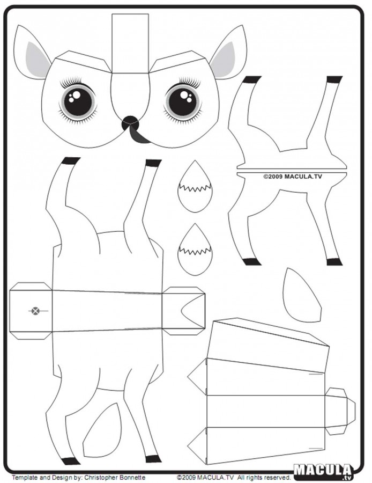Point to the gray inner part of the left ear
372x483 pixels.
[37, 60]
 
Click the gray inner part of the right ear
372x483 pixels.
[223, 60]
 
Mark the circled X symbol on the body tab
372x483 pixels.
[36, 311]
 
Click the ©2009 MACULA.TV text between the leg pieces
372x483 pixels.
[293, 177]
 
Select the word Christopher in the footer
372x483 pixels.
[102, 478]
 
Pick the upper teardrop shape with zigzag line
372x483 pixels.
[195, 186]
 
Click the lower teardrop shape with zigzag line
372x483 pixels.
[195, 250]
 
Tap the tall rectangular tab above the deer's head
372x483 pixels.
[130, 43]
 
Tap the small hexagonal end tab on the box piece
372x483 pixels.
[340, 411]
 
